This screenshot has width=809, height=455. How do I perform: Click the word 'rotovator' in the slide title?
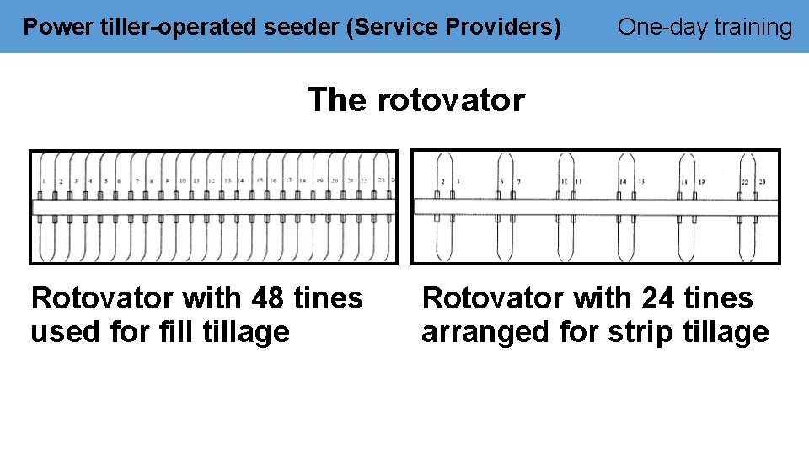coord(451,100)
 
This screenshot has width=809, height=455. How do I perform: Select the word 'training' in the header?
coord(753,27)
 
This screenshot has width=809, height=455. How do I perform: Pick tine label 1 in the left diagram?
coord(43,181)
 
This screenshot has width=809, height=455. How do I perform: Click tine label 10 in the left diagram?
coord(182,181)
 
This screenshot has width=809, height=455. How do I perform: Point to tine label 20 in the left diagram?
coord(335,181)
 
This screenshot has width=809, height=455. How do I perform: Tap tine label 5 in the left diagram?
coord(105,181)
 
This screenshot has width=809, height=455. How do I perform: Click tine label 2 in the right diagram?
coord(442,181)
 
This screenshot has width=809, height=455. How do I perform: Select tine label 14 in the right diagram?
coord(623,181)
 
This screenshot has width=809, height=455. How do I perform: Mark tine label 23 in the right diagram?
coord(762,181)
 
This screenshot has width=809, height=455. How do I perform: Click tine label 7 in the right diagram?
coord(518,181)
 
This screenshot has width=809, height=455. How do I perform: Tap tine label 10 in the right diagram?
coord(564,181)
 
